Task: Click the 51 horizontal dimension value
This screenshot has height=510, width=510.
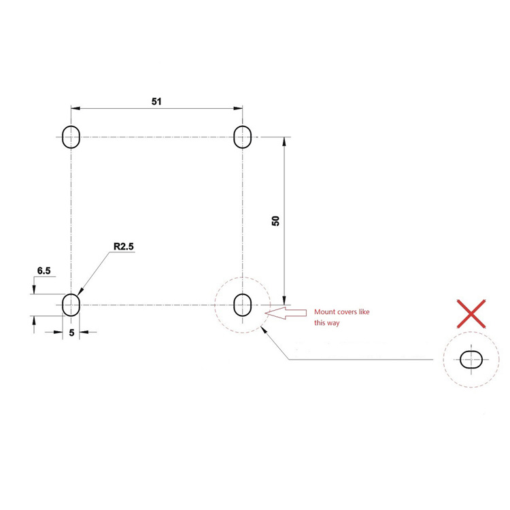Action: click(x=157, y=101)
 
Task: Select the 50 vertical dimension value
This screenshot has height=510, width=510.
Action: click(x=275, y=220)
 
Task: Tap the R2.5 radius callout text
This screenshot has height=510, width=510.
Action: click(x=124, y=247)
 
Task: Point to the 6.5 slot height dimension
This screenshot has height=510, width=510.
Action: click(x=44, y=271)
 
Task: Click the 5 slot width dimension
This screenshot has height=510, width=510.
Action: click(x=71, y=333)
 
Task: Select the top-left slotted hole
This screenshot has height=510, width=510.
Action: click(x=71, y=137)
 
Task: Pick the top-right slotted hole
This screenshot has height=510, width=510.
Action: click(x=242, y=137)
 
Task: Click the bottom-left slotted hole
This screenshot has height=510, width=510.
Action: click(x=71, y=305)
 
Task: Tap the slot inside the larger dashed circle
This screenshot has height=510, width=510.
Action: click(x=242, y=305)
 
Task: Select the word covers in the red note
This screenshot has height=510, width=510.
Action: click(x=352, y=312)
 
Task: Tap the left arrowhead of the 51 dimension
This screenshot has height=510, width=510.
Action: click(x=75, y=107)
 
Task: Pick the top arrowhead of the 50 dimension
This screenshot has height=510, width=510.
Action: click(x=285, y=141)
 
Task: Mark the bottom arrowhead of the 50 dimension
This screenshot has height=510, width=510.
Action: click(x=285, y=300)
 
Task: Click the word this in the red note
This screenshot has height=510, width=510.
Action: click(x=320, y=323)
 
